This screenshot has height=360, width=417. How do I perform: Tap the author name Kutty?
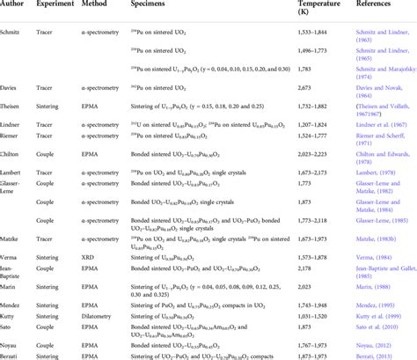[x=12, y=312]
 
